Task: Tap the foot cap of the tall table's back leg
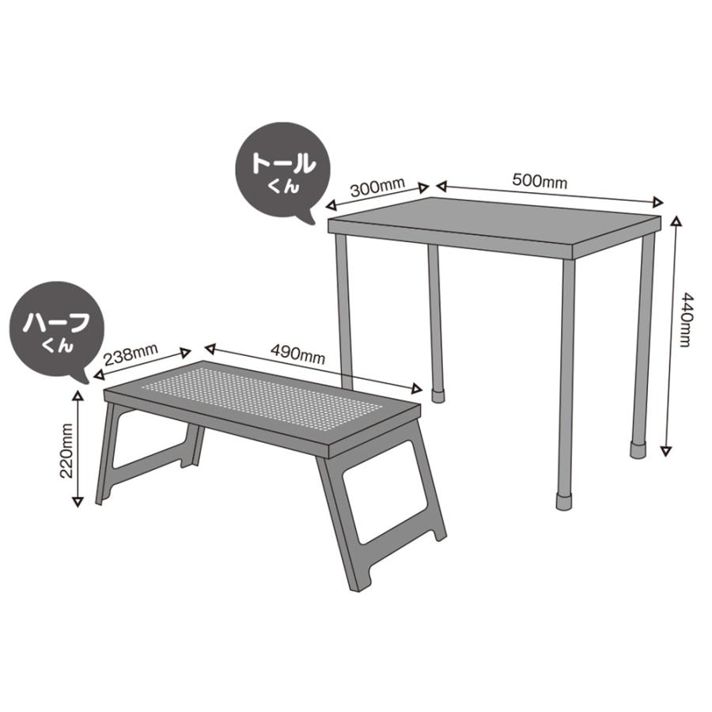point(438,391)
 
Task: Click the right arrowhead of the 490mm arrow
point(418,388)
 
